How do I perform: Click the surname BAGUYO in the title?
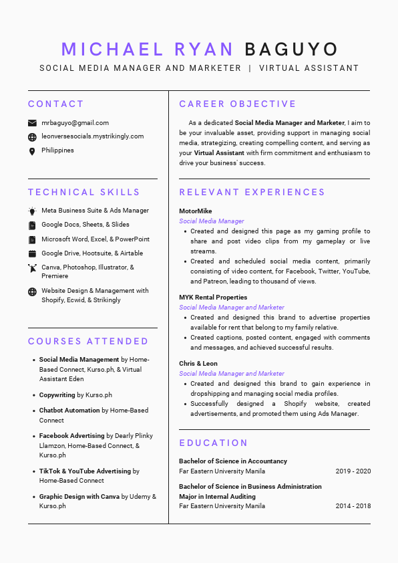click(x=291, y=49)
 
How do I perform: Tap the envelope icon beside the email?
click(x=32, y=123)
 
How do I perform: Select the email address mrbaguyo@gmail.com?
click(x=75, y=123)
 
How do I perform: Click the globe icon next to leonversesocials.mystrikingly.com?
click(x=32, y=136)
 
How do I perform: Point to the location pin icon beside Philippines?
click(x=32, y=151)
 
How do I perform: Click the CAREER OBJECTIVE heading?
click(x=238, y=104)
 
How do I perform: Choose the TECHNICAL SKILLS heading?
click(x=84, y=192)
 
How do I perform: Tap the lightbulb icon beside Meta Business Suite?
click(x=32, y=211)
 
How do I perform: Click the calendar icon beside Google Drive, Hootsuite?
click(x=32, y=254)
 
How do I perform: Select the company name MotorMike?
click(x=195, y=211)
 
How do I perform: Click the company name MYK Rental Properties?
click(x=213, y=298)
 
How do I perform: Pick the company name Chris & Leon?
click(x=198, y=364)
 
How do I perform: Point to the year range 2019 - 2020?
click(x=353, y=471)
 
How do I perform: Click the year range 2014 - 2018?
click(x=353, y=506)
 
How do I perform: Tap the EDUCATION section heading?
click(x=214, y=443)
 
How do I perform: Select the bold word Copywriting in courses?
click(x=57, y=395)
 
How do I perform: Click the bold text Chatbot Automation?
click(x=69, y=411)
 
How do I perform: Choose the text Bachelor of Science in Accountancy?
click(x=233, y=461)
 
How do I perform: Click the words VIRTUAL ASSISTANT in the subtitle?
click(x=309, y=68)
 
